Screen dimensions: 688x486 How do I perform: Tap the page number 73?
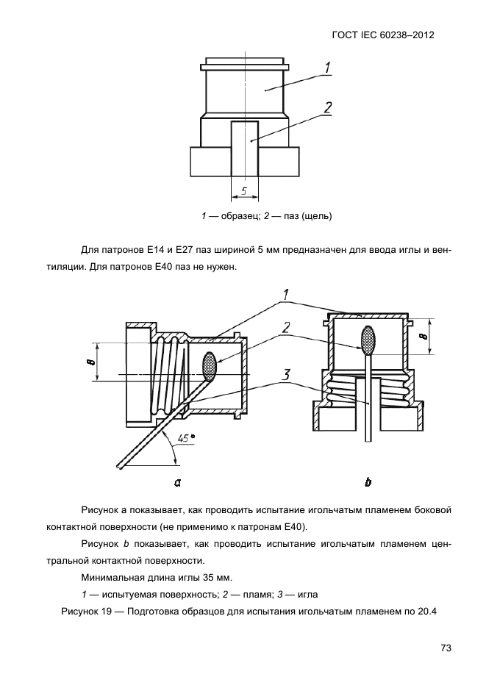[445, 648]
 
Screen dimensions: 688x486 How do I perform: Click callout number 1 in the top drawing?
[326, 68]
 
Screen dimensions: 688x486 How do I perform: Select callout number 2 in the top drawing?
[326, 107]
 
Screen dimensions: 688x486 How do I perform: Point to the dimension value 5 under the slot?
[244, 193]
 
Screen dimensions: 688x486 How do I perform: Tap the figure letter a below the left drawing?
[177, 482]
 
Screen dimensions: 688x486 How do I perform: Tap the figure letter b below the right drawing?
[368, 482]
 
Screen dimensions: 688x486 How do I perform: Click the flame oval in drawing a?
[210, 366]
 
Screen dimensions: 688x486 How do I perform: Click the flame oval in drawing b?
[368, 339]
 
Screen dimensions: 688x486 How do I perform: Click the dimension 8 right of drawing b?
[422, 337]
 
